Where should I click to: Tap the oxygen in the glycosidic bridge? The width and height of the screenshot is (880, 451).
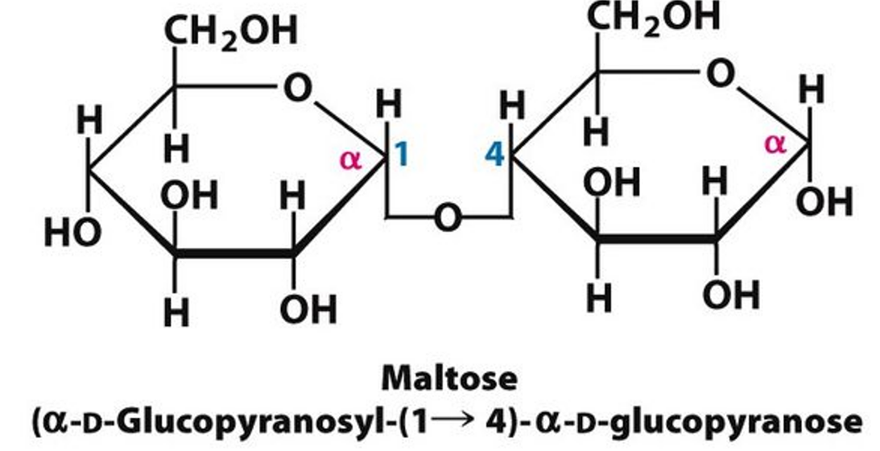tap(448, 217)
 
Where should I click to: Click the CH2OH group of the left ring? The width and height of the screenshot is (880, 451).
tap(230, 33)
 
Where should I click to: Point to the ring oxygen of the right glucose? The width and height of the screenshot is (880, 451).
tap(721, 74)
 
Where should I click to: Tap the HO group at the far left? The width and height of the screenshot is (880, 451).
tap(72, 234)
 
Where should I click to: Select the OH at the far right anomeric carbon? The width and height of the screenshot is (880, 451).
tap(824, 203)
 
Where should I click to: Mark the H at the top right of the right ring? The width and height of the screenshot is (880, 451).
tap(812, 90)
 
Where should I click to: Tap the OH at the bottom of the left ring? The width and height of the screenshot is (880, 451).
tap(308, 309)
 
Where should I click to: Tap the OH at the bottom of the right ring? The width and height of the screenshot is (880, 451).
tap(731, 296)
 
